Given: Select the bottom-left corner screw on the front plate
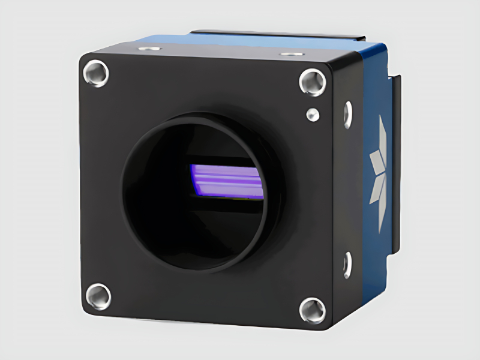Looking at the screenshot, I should click(x=98, y=296).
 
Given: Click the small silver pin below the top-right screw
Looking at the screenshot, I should click(x=311, y=113).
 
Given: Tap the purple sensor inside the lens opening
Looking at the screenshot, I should click(x=226, y=181).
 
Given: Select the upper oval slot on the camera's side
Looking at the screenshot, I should click(x=347, y=114).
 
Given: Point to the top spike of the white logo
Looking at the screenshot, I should click(x=383, y=129).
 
